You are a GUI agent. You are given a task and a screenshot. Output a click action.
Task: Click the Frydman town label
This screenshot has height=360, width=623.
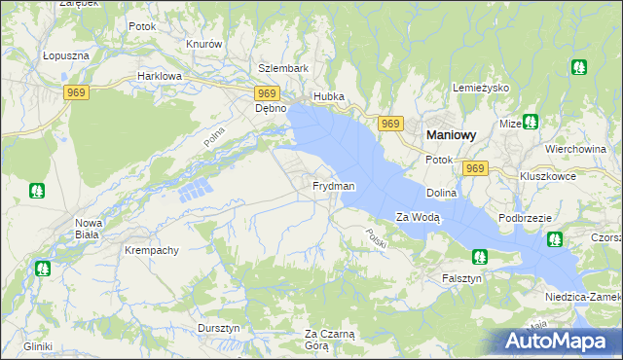333,186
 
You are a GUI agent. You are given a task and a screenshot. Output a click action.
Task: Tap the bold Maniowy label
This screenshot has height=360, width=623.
449,137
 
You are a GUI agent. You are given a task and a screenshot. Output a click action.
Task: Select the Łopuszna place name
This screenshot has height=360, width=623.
66,56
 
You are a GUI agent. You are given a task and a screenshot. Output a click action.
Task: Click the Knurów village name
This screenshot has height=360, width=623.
204,45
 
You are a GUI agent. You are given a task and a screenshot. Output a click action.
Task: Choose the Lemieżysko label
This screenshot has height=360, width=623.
482,88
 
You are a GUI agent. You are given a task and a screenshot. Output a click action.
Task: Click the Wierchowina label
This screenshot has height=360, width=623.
576,149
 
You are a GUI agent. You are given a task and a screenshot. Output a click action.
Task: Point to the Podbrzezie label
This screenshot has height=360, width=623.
526,219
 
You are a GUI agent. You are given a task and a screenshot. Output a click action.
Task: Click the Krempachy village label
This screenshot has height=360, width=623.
152,250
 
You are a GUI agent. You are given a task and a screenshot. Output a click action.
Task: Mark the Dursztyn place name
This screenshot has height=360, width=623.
218,329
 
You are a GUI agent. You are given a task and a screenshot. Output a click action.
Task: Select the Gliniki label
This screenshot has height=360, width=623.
39,346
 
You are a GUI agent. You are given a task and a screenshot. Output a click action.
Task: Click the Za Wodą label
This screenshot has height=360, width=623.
419,217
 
